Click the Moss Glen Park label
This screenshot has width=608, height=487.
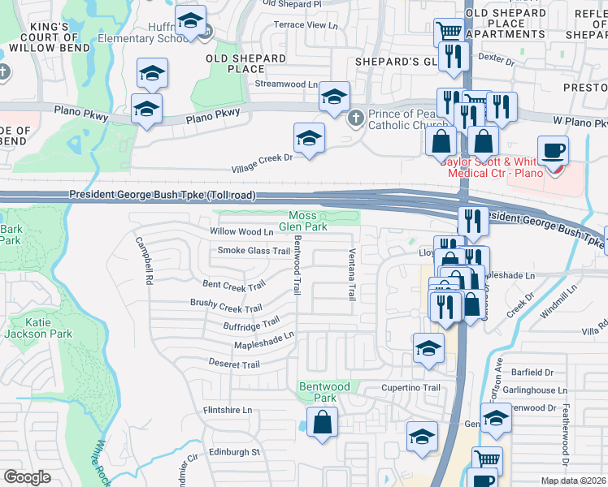303,221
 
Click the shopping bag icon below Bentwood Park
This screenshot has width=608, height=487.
323,422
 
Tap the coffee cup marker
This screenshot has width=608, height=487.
553,150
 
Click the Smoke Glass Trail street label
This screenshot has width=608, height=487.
254,251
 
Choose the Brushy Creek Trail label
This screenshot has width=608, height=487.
226,308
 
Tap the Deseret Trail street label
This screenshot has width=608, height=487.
234,364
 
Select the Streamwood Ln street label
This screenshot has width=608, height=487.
286,84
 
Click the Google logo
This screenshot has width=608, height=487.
27,477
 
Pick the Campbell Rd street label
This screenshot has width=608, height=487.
145,260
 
